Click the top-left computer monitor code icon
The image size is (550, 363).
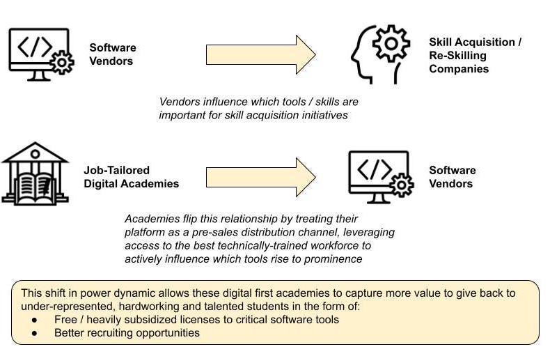[40, 51]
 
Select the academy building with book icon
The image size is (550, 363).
[35, 173]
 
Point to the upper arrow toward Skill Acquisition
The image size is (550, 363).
[260, 54]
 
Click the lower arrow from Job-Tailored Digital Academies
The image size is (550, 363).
[260, 177]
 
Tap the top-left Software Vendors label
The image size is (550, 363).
[112, 54]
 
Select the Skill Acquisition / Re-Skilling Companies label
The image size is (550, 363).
[475, 55]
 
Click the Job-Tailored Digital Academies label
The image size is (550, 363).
[131, 177]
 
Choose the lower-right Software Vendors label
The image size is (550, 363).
[452, 177]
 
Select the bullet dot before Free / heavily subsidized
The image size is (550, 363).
[35, 320]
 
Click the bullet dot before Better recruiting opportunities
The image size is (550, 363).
[35, 333]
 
